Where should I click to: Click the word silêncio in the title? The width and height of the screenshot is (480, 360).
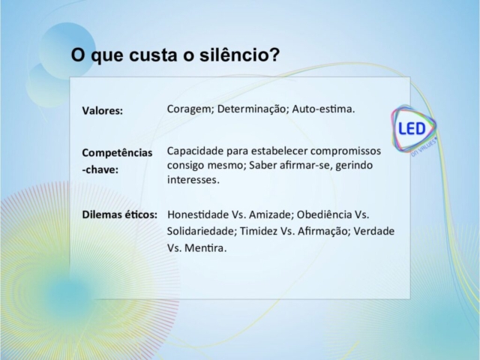tap(239, 55)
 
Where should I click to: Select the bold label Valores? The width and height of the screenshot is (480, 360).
tap(102, 110)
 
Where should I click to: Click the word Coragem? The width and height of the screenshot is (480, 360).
tap(190, 109)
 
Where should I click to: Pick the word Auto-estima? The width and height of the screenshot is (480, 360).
tap(323, 109)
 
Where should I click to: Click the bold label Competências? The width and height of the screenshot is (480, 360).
tap(117, 152)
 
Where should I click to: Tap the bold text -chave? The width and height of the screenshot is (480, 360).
tap(100, 169)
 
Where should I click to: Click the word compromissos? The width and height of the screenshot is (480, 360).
tap(345, 151)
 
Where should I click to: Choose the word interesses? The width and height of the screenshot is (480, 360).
tap(193, 180)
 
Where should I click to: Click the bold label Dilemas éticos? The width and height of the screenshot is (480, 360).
tap(120, 214)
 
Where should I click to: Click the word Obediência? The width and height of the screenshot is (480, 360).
tap(324, 214)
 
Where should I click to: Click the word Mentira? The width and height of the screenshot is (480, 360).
tap(205, 248)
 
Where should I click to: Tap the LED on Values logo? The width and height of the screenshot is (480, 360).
tap(414, 130)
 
